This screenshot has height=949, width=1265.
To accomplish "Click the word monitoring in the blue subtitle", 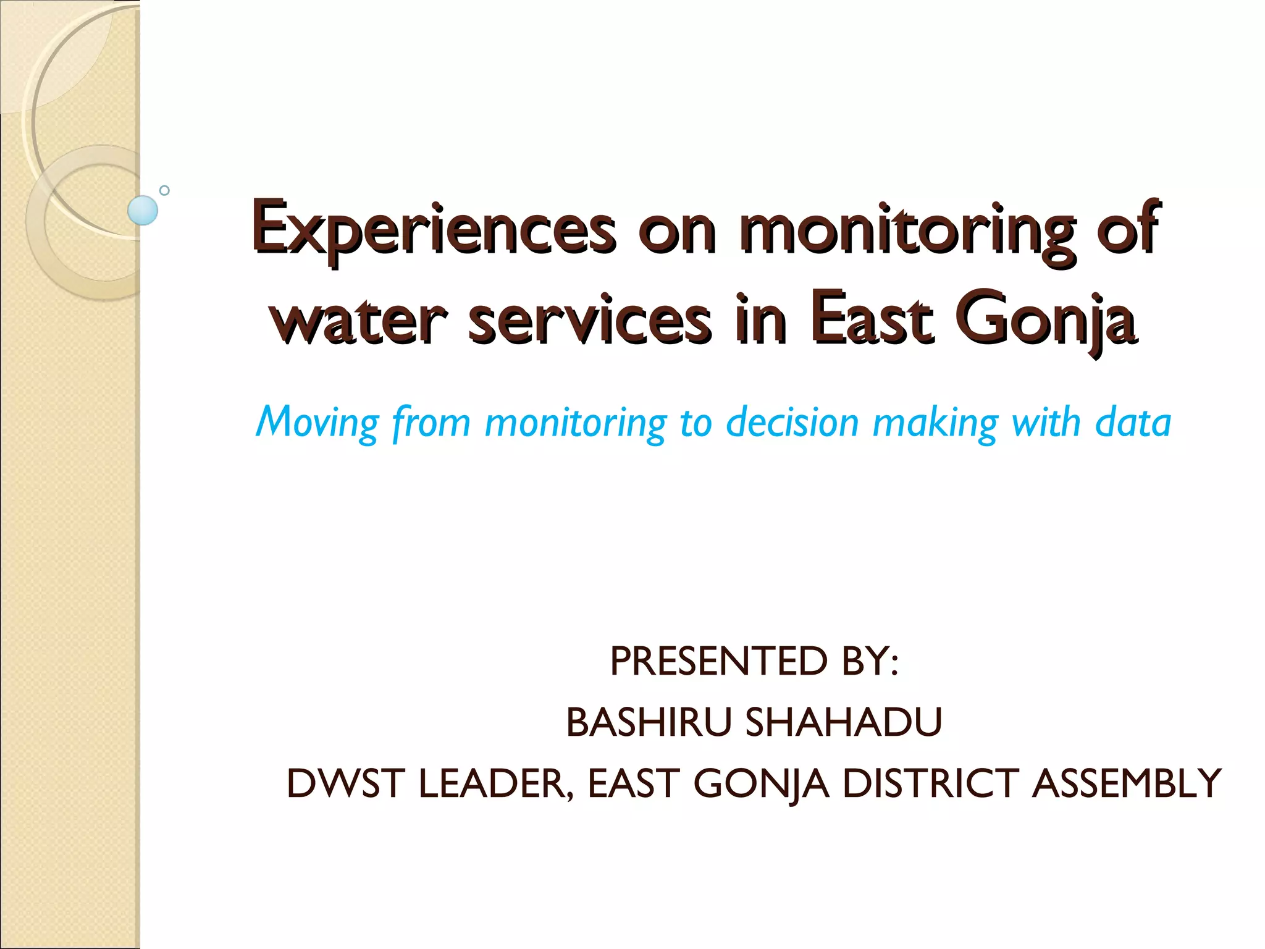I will tap(575, 423).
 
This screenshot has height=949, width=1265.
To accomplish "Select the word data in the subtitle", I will tap(1133, 423).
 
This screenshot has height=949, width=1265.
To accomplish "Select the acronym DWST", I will tap(345, 783).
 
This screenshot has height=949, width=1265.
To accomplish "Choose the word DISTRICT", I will tap(930, 783).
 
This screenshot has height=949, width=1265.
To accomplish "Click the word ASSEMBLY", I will tap(1127, 783).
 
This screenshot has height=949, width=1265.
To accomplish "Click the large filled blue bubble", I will tap(143, 210).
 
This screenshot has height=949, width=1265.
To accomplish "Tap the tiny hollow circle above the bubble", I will tap(164, 190).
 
